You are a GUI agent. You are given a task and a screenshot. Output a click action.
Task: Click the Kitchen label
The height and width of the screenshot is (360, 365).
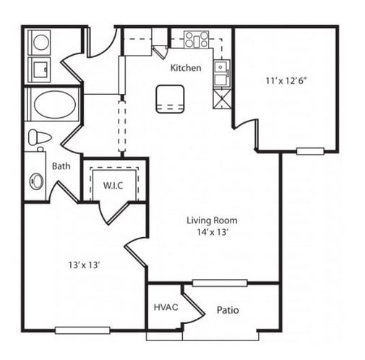[x=186, y=68]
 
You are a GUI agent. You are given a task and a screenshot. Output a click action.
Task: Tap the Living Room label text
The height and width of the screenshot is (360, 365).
[x=212, y=220]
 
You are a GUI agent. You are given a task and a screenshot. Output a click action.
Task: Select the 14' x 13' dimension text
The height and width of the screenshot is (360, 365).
[x=212, y=232]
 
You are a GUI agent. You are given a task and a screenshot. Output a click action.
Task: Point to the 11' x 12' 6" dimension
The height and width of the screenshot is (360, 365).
[x=286, y=81]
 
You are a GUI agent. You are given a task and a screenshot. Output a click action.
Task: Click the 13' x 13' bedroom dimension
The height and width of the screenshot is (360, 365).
[x=84, y=265]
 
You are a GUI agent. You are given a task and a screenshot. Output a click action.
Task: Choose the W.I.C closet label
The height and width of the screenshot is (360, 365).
[x=113, y=185]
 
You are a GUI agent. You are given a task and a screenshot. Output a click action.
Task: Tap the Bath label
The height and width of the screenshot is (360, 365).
[x=61, y=166]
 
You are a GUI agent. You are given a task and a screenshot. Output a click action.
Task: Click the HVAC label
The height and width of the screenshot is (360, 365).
[x=166, y=307]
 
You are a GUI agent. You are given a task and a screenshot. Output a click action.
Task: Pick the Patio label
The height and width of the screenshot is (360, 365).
[x=228, y=310]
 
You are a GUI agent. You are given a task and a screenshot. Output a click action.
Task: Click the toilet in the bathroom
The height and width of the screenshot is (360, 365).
[x=38, y=138]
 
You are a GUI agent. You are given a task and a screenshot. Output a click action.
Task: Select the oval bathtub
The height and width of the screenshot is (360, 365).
[x=55, y=104]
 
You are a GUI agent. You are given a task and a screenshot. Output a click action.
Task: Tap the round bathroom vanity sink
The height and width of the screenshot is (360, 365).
[x=37, y=181]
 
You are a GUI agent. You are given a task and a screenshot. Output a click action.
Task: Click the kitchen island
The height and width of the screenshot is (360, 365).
[x=170, y=99]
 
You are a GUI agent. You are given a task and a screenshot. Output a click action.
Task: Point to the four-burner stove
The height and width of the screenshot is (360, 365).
[x=197, y=39]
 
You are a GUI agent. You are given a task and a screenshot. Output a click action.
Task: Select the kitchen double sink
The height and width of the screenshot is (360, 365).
[x=221, y=74]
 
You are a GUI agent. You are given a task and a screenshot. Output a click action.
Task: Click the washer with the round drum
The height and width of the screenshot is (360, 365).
[x=40, y=42]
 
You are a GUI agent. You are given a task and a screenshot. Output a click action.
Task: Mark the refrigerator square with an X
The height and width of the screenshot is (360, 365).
[x=222, y=98]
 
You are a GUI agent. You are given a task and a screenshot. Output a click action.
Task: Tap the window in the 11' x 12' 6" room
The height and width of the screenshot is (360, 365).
[x=310, y=151]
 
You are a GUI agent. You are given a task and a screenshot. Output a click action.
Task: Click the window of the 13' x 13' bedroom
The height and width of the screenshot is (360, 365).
[x=82, y=330]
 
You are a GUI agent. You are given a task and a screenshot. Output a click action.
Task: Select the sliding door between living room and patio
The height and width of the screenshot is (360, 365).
[x=220, y=283]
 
